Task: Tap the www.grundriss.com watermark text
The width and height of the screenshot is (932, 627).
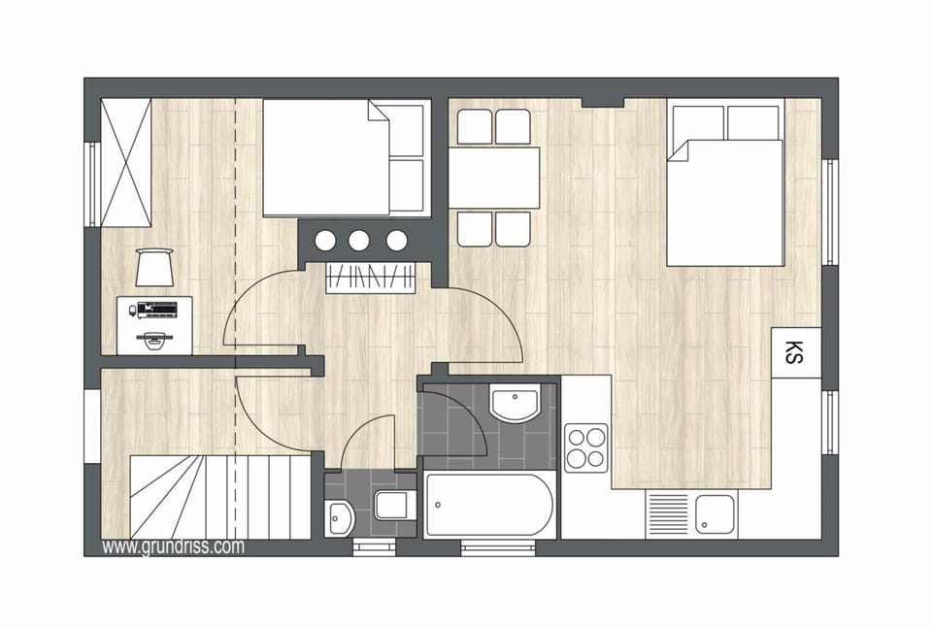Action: [x=173, y=547]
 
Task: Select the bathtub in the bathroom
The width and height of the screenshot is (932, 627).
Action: [x=490, y=505]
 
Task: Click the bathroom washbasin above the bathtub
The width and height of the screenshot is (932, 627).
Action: [x=515, y=404]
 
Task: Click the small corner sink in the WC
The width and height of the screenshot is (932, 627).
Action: [x=340, y=517]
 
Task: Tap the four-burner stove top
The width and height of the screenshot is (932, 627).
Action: [x=586, y=447]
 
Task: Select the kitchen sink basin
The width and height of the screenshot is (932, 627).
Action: [x=715, y=513]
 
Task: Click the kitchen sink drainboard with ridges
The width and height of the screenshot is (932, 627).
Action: [x=668, y=513]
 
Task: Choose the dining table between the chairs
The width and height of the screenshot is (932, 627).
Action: [x=494, y=178]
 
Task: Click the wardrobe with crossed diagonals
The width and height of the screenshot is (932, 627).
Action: [x=126, y=162]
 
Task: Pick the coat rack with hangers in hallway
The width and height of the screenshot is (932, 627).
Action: [x=371, y=278]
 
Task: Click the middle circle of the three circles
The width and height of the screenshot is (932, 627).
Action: [x=359, y=240]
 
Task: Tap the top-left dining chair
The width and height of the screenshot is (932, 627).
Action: [x=476, y=126]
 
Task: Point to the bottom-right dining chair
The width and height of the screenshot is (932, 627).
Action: [x=513, y=229]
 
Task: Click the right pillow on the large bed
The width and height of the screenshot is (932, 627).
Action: [x=754, y=121]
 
